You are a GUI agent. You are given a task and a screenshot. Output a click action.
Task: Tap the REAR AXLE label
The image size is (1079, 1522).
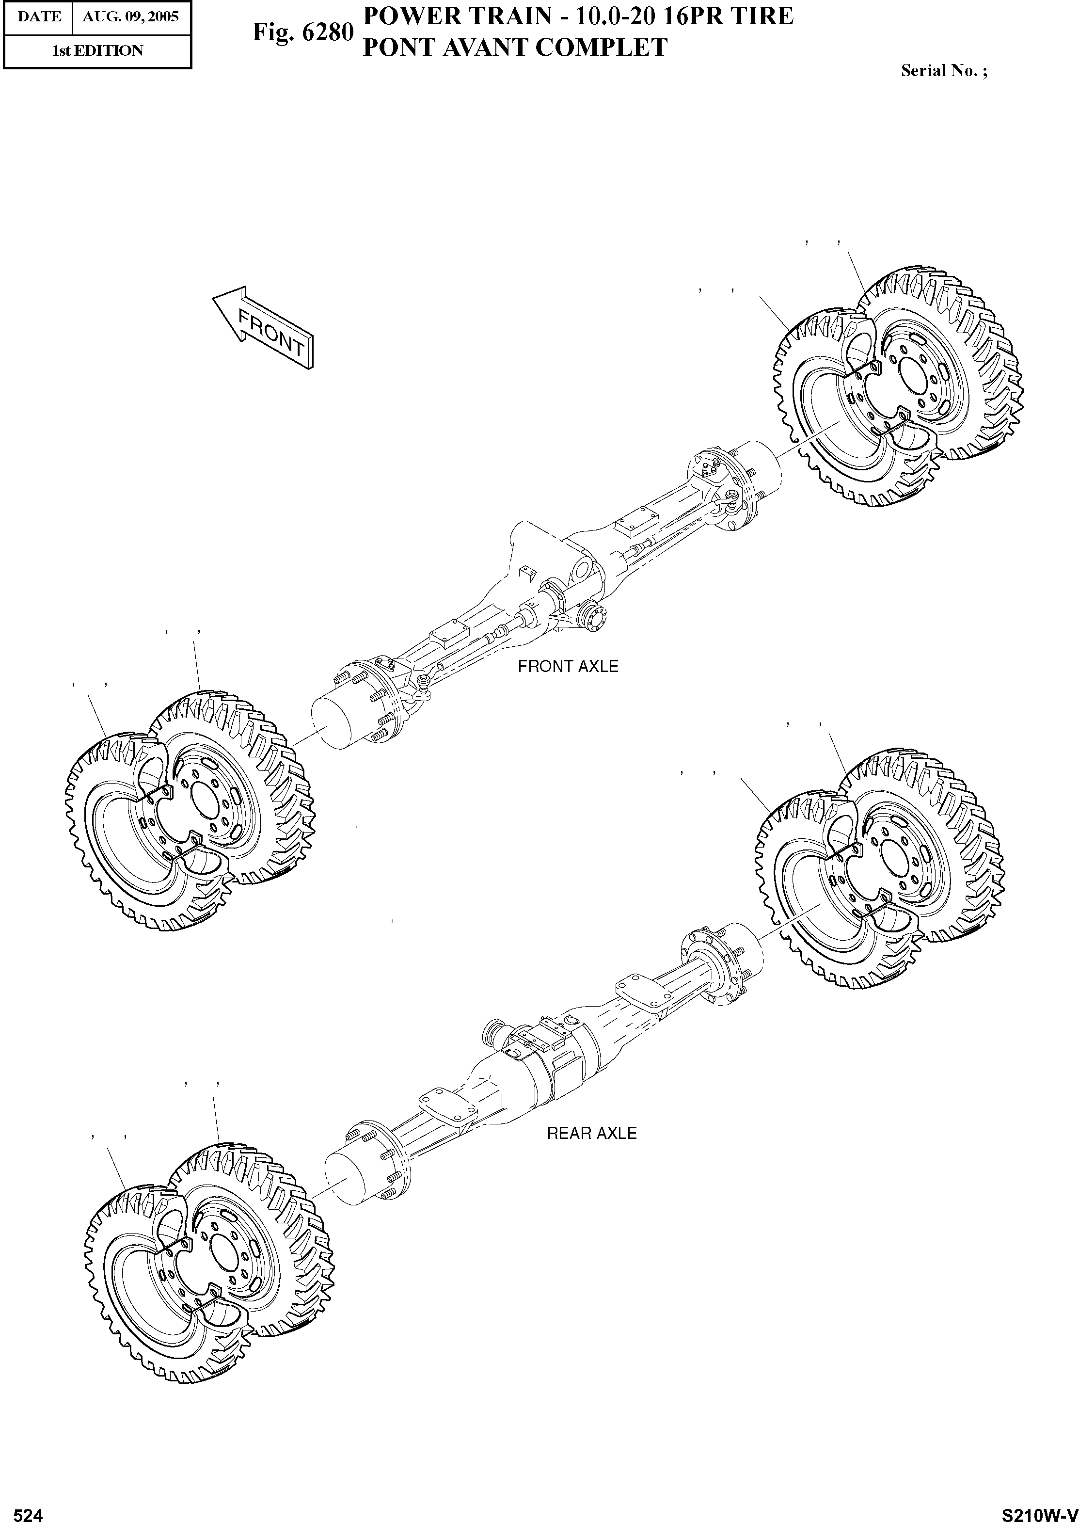click(x=591, y=1133)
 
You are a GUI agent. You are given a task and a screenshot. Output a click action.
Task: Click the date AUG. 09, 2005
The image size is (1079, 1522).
click(x=131, y=16)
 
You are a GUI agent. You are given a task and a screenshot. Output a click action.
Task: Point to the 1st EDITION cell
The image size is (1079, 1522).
click(x=97, y=51)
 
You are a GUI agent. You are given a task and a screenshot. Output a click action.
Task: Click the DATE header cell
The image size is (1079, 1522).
click(x=39, y=16)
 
